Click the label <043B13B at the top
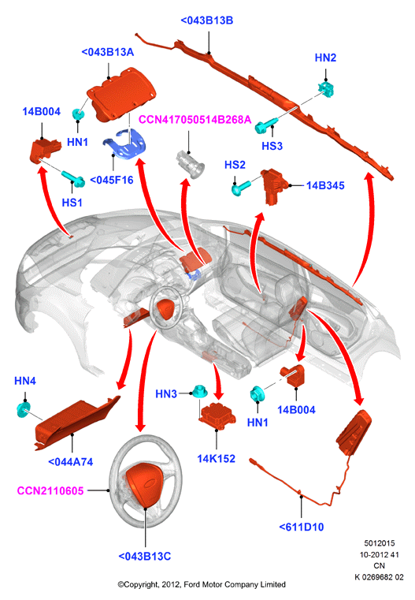coord(207,20)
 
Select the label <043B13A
coord(108,52)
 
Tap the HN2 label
coord(325,58)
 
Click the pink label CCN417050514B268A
coord(195,120)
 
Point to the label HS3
coord(272,146)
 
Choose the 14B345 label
coord(325,185)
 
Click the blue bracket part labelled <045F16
coord(124,143)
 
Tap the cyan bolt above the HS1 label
coord(73,179)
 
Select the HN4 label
coord(25,381)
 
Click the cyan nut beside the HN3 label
coord(198,391)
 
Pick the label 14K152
coord(217,458)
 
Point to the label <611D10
coord(302,527)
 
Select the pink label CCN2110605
coord(50,490)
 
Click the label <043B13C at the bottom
coord(145,556)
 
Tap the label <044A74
coord(71,462)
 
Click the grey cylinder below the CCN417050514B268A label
coord(190,165)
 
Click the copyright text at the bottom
coord(202,584)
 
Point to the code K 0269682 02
coord(379,576)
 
